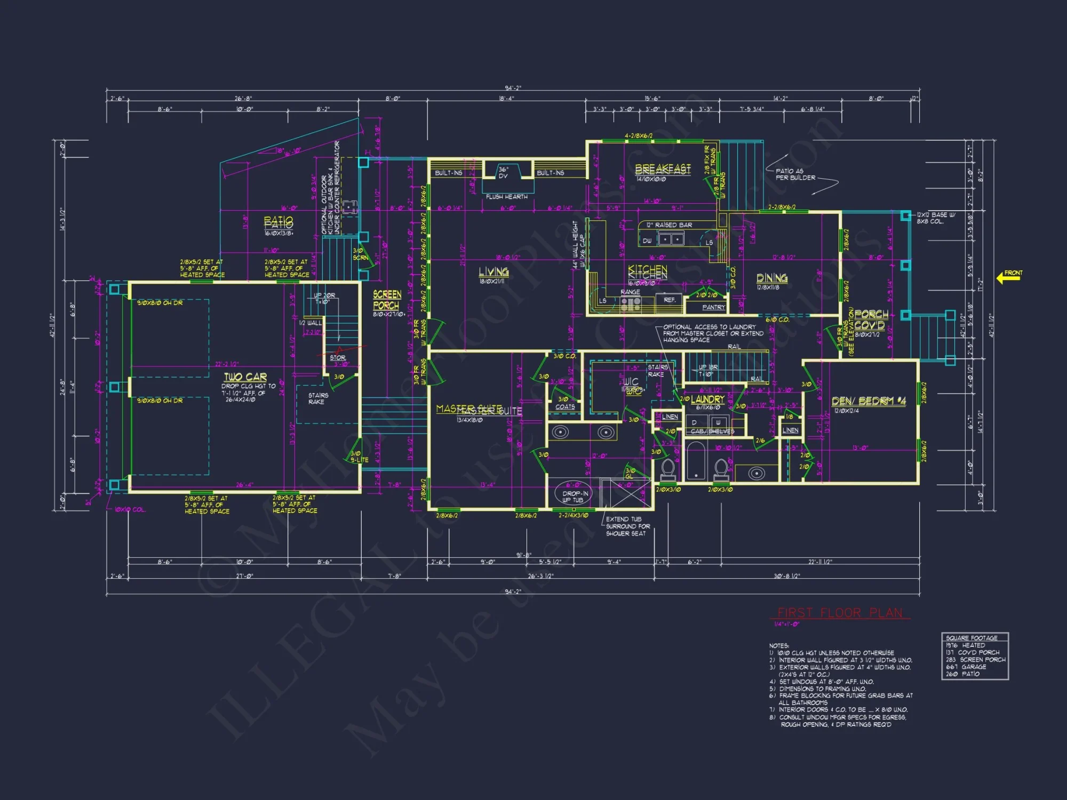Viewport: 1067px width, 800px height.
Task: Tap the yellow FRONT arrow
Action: (x=1008, y=277)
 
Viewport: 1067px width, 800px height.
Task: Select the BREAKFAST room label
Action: (x=663, y=169)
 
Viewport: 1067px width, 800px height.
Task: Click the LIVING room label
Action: (x=493, y=272)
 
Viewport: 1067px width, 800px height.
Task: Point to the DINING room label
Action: (x=771, y=278)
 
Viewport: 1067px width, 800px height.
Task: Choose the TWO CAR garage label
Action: (x=245, y=377)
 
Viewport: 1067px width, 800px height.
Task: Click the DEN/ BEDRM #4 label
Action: (x=869, y=401)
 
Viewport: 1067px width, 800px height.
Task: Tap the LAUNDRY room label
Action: (x=707, y=399)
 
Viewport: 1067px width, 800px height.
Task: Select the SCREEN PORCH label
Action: (x=387, y=300)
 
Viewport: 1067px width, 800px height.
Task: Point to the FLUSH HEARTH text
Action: (x=506, y=197)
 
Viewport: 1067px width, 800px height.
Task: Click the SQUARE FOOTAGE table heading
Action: (x=972, y=638)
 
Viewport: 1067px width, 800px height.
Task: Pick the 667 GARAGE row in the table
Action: (x=966, y=667)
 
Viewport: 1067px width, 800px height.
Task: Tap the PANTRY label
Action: (x=713, y=307)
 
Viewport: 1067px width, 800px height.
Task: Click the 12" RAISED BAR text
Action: (x=669, y=225)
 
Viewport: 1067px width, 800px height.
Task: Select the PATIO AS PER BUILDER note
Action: (x=795, y=174)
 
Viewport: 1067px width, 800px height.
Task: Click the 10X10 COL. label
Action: (x=130, y=509)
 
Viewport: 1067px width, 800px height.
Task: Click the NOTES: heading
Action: (x=778, y=646)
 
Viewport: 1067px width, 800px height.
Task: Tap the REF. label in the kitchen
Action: (x=670, y=300)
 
